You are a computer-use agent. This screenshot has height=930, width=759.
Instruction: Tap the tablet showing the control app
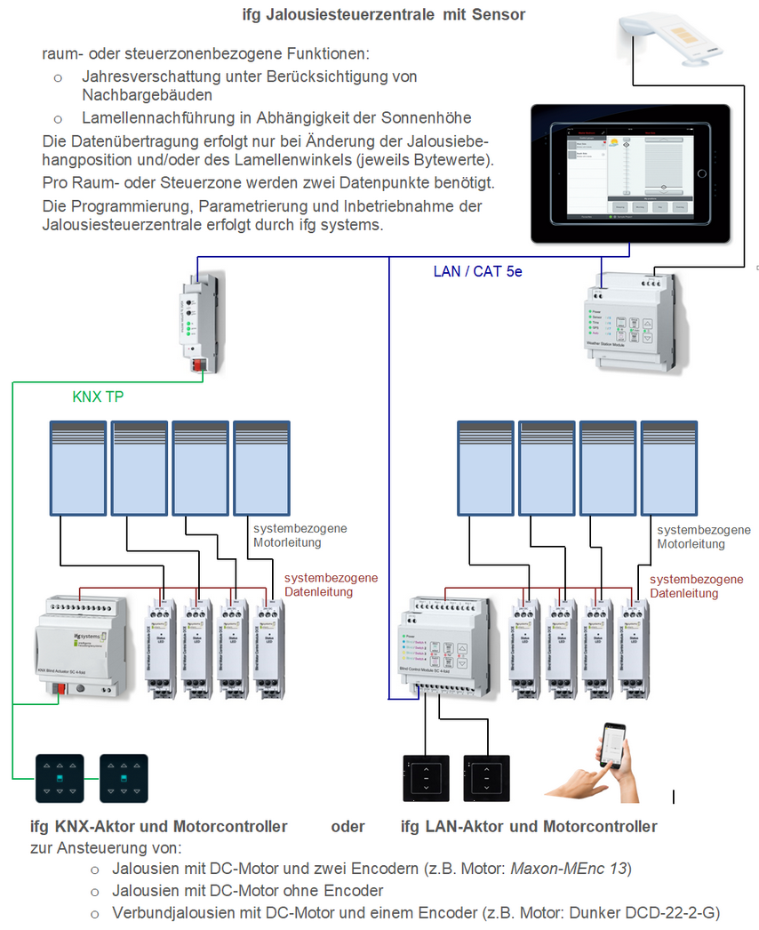click(629, 174)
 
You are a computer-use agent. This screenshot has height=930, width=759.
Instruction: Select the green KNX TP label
click(98, 397)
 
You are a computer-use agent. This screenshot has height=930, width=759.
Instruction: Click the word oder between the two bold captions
click(348, 827)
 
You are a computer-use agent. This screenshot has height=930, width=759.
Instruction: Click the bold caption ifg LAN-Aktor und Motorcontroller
click(530, 827)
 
